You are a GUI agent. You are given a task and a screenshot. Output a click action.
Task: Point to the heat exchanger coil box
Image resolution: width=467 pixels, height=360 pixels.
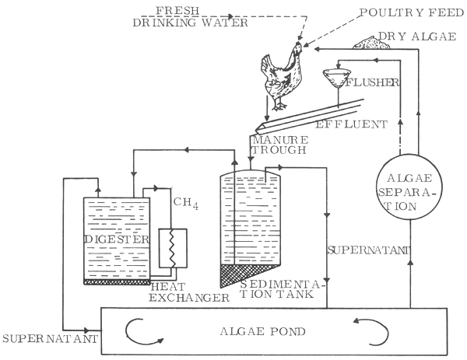click(x=170, y=249)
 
